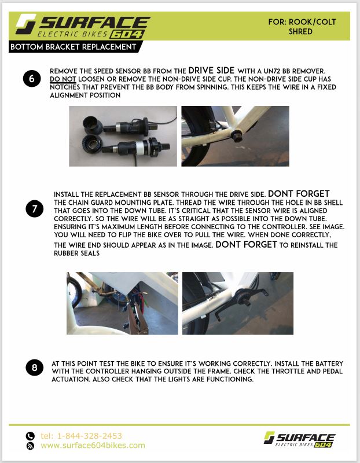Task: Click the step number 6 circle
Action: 32,79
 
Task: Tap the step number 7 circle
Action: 35,209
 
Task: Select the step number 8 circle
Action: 35,368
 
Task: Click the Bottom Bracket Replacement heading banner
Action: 76,47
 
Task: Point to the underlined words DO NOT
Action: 63,79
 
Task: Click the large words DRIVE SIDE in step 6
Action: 211,71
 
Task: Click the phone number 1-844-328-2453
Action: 90,436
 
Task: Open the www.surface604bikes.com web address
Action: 93,445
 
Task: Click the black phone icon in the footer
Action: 30,436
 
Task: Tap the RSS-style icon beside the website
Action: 30,446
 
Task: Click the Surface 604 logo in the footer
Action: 299,439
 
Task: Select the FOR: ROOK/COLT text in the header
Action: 302,22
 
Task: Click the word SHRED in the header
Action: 300,31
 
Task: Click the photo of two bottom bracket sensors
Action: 123,136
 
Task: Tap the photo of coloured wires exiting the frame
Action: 122,303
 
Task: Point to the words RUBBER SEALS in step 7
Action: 77,253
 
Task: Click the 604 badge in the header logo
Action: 127,35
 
